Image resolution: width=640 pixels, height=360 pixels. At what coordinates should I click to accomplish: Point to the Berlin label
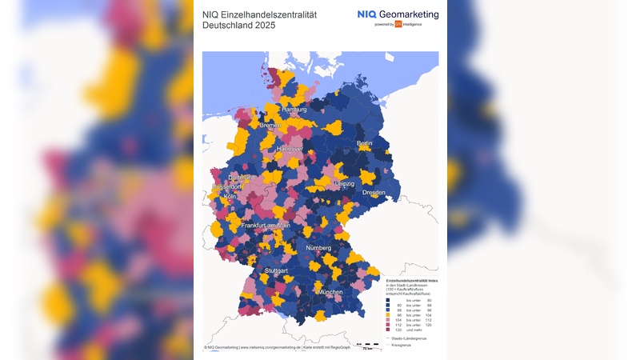point(364,143)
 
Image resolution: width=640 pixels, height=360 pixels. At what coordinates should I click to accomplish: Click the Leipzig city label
point(344,183)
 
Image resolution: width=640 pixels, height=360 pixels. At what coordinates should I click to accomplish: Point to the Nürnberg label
point(317,247)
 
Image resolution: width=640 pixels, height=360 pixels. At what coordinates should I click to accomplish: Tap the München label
point(330,293)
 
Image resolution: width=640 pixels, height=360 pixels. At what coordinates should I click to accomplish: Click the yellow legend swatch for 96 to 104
point(389,314)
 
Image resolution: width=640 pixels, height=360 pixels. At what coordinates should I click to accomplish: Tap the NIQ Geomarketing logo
point(398,15)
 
